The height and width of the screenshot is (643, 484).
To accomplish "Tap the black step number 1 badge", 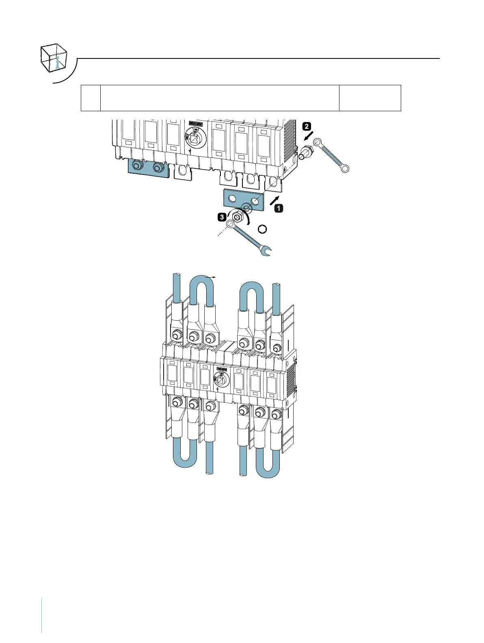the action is pos(279,208).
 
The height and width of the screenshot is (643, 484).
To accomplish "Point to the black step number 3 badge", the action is pos(222,217).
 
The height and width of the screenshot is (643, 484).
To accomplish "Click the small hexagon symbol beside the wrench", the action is pos(263,229).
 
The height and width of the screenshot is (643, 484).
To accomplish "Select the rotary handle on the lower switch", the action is pos(220,381).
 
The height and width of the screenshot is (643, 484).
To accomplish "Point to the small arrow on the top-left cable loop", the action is pos(211,277).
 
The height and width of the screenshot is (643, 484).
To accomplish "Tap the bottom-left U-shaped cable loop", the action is pos(185,455).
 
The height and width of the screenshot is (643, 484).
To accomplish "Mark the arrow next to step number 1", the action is pos(274,199).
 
